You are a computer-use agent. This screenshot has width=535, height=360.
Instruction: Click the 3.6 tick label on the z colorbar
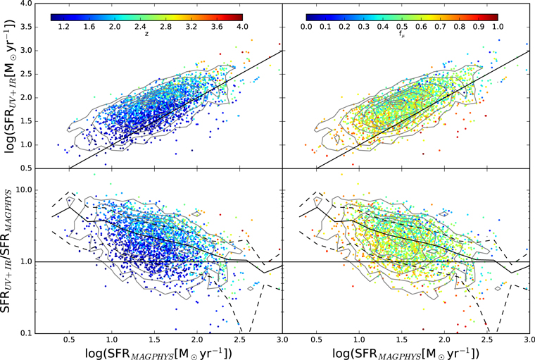tap(217, 27)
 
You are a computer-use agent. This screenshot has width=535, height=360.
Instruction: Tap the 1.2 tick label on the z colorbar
tap(63, 27)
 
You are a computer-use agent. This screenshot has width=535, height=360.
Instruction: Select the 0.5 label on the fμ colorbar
tap(402, 27)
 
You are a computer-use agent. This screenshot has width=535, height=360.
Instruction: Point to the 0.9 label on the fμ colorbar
tap(479, 27)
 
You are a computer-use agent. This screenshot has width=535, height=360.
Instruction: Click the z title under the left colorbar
tap(146, 34)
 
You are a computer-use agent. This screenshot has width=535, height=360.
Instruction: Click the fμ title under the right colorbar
tap(401, 34)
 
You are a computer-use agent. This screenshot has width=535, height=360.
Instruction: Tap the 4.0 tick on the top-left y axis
tap(27, 4)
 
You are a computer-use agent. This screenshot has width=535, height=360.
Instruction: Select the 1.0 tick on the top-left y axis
tap(27, 145)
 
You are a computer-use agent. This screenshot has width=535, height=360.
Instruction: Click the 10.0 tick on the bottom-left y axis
tap(25, 190)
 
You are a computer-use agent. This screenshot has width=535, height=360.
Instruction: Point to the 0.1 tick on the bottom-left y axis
tap(27, 333)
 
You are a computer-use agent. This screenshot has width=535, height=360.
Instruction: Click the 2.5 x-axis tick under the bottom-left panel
tap(240, 340)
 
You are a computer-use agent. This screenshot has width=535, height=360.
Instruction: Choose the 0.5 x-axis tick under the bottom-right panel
tap(316, 340)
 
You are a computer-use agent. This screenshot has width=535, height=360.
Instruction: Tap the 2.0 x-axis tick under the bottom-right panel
tap(444, 340)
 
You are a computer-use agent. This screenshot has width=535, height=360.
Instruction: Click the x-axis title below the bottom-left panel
tap(158, 353)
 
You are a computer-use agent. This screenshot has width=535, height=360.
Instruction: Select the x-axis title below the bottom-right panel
tap(406, 353)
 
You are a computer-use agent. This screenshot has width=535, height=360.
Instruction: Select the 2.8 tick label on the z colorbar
tap(166, 27)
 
